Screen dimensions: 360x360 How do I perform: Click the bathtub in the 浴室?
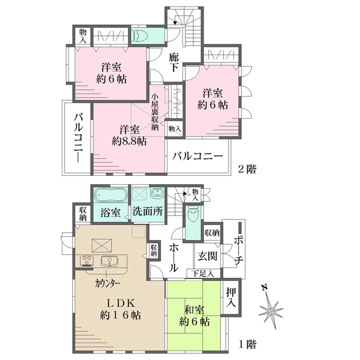coord(109,196)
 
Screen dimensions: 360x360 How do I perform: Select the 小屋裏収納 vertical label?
coord(155,110)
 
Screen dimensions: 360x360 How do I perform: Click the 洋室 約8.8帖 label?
coord(128,136)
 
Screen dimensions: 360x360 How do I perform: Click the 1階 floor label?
coord(247,344)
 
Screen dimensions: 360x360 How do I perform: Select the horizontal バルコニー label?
coord(198,156)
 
